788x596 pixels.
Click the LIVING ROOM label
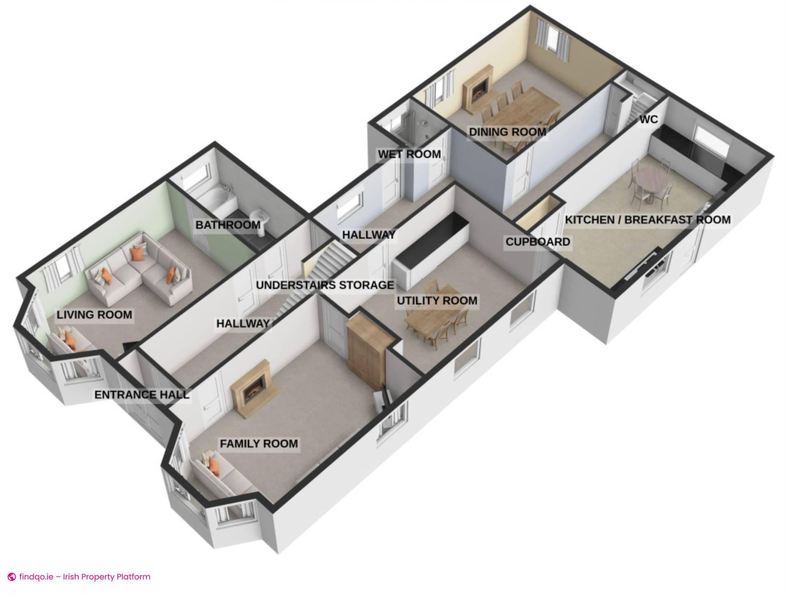pyautogui.click(x=94, y=315)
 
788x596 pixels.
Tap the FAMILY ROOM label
pyautogui.click(x=259, y=444)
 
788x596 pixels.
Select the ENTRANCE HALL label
pyautogui.click(x=142, y=395)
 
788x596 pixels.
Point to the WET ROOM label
pyautogui.click(x=409, y=154)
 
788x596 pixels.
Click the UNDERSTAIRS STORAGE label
pyautogui.click(x=325, y=285)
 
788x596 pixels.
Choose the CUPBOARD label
pyautogui.click(x=538, y=242)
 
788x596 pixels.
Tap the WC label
pyautogui.click(x=648, y=119)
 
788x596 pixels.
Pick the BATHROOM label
pyautogui.click(x=228, y=225)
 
